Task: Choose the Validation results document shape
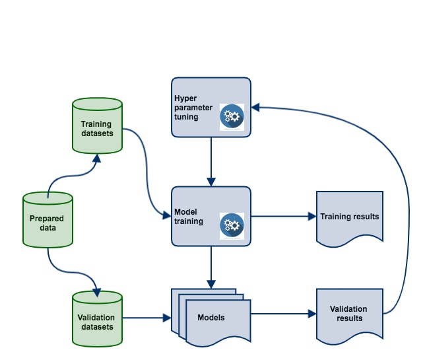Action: point(349,314)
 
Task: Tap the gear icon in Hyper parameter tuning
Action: point(232,117)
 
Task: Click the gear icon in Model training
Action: point(232,225)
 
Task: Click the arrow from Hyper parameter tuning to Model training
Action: point(211,162)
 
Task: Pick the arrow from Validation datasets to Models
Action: point(145,318)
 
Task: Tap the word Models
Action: point(211,318)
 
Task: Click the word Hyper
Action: point(185,98)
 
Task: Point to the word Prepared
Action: point(48,218)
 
